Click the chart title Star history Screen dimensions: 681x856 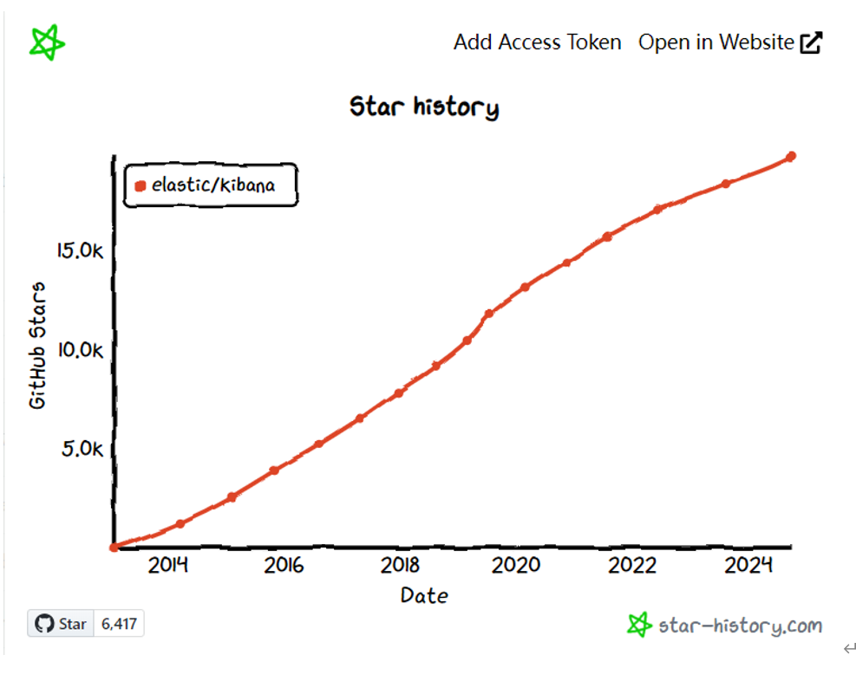point(424,107)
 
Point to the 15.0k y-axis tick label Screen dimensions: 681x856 point(80,251)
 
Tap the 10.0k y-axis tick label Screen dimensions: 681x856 point(80,350)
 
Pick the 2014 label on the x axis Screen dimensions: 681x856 point(168,566)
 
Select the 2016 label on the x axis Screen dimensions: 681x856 point(284,566)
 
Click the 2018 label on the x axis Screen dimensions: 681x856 point(400,566)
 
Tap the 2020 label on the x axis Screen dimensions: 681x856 point(516,566)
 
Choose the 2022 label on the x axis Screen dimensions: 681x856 point(632,566)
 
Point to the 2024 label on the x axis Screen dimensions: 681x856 point(748,566)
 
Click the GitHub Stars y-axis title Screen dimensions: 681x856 point(38,345)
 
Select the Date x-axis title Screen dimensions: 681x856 point(424,595)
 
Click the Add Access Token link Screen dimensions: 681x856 point(537,42)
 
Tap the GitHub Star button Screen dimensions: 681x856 point(61,624)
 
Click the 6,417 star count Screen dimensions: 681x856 point(119,624)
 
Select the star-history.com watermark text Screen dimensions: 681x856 point(739,626)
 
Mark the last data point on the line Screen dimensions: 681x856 point(791,157)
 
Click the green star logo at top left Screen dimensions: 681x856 point(48,42)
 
